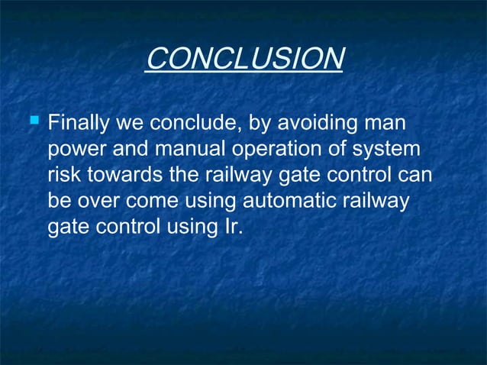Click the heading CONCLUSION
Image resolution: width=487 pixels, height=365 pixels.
click(243, 59)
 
